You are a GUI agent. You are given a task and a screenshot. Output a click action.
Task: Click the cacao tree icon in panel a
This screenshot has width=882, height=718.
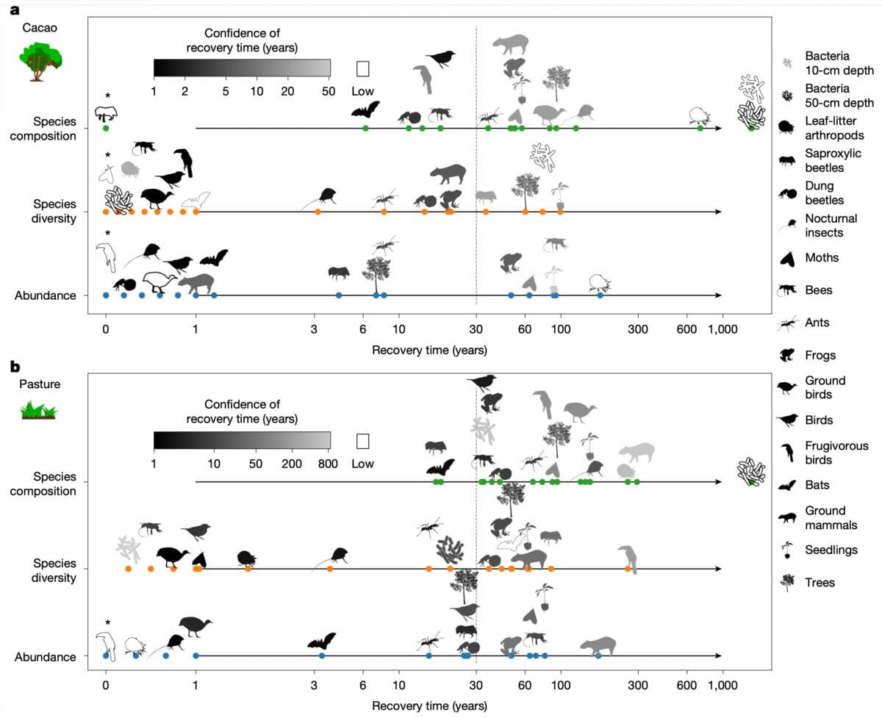click(x=38, y=60)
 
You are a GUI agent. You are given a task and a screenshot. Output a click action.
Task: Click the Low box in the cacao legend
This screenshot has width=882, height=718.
click(x=362, y=68)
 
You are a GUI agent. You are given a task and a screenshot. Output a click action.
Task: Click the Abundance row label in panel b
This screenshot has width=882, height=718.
click(x=45, y=656)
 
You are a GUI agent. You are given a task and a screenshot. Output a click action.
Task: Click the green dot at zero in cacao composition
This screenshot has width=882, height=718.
click(x=106, y=129)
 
